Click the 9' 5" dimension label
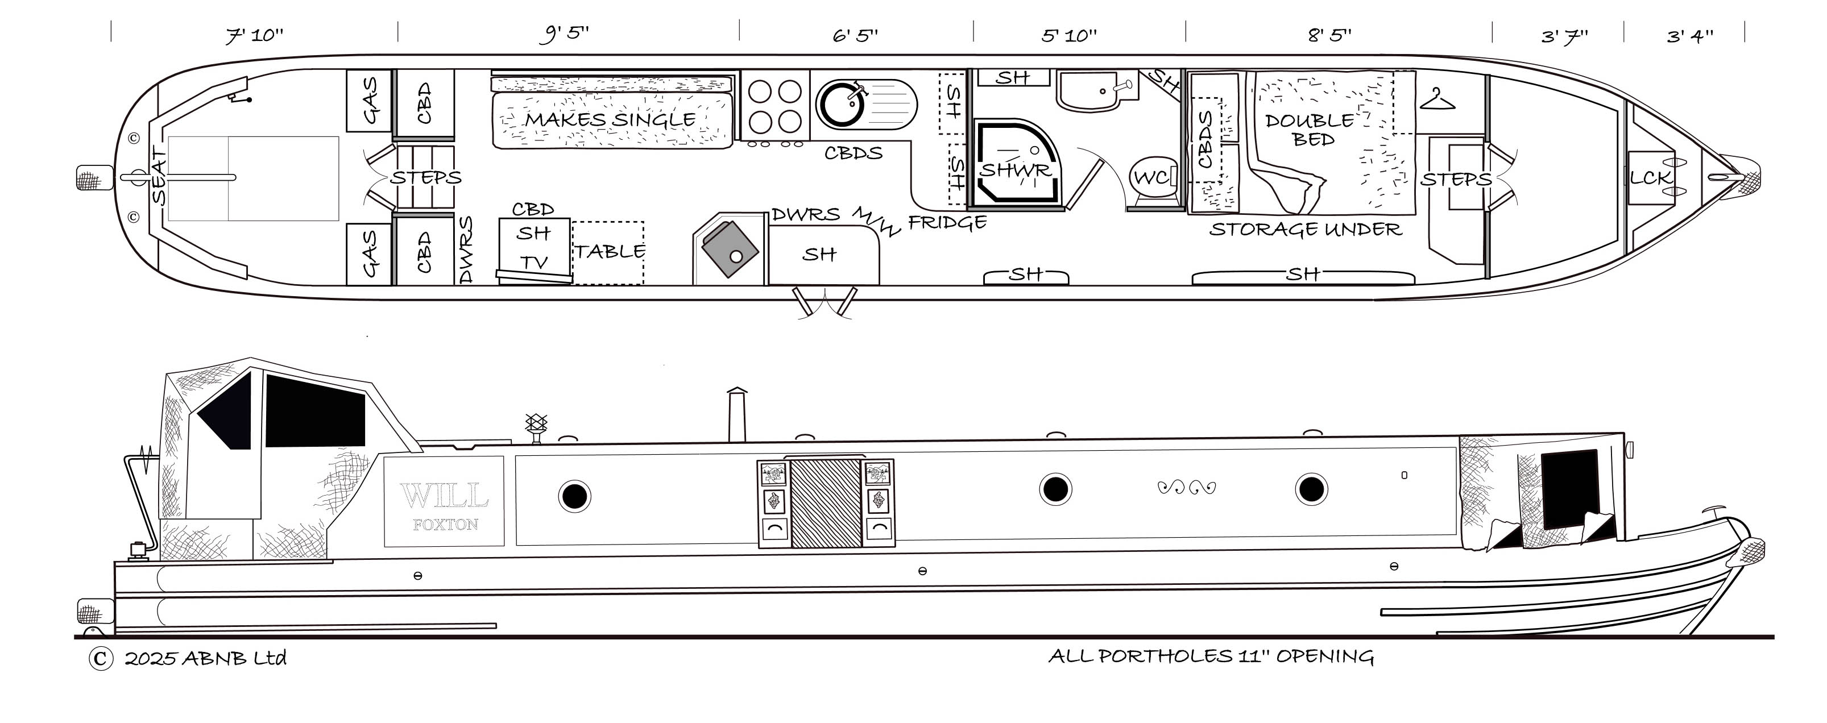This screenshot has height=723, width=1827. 565,34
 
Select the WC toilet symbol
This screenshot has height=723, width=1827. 1153,177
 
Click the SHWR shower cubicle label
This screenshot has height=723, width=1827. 1015,170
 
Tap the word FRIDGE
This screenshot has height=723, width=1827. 947,223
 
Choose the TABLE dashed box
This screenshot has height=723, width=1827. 608,252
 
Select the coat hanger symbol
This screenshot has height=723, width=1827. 1437,100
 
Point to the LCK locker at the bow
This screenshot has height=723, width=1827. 1650,178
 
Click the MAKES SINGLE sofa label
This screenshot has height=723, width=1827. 610,119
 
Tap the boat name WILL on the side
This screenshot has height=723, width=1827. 444,496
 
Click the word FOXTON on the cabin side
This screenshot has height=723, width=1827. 445,525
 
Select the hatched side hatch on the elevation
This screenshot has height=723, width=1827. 826,503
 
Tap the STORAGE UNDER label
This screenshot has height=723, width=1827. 1305,229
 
